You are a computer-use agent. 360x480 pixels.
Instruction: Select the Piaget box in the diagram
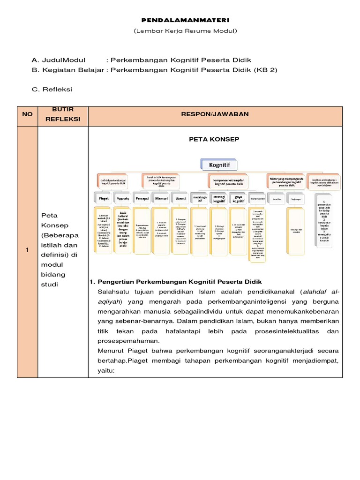(x=104, y=198)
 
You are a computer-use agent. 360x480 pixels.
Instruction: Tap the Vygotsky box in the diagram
(x=123, y=198)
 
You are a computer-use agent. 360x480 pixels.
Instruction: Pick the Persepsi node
(x=142, y=198)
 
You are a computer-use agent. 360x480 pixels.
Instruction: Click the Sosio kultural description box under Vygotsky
(x=123, y=229)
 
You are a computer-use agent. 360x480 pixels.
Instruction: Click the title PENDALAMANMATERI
(x=180, y=21)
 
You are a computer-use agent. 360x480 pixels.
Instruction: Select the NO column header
(x=27, y=114)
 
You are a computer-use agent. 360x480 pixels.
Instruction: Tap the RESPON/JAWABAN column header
(x=215, y=114)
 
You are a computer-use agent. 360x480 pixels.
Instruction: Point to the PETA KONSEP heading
(x=214, y=139)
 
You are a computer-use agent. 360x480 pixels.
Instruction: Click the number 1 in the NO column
(x=27, y=250)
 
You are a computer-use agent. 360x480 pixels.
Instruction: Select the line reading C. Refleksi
(x=52, y=89)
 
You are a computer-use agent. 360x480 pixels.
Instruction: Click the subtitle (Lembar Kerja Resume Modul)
(x=180, y=31)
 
